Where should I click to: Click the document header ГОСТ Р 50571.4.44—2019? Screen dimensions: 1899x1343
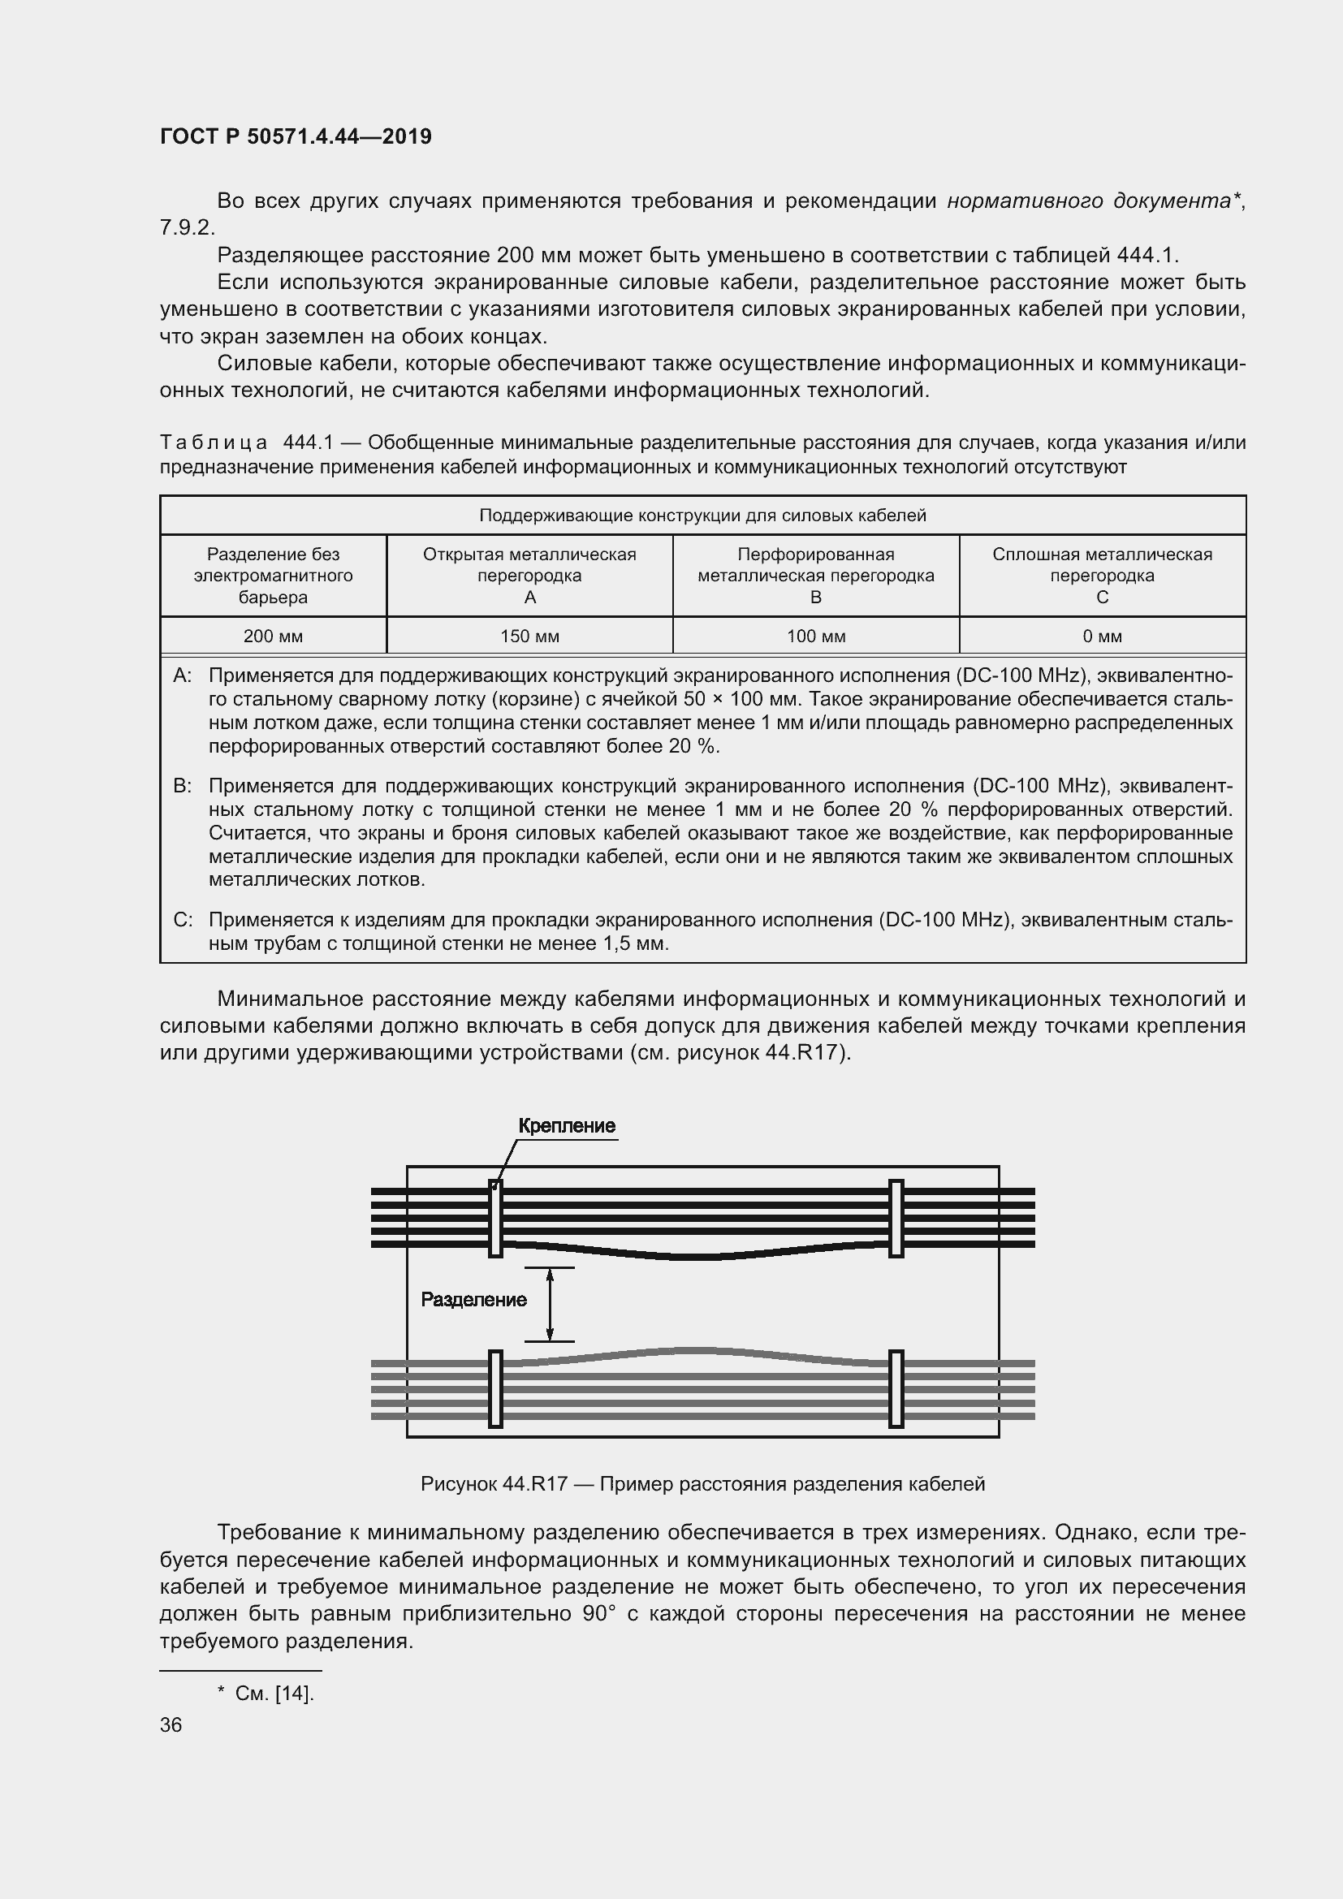pyautogui.click(x=296, y=136)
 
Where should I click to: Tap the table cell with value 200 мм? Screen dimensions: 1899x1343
pyautogui.click(x=273, y=636)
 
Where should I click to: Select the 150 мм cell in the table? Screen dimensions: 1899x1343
pyautogui.click(x=529, y=636)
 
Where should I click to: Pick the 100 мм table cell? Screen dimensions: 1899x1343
pyautogui.click(x=815, y=636)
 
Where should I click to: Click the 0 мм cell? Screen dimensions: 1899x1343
pyautogui.click(x=1102, y=636)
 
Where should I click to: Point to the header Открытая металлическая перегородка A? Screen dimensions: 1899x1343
pyautogui.click(x=529, y=575)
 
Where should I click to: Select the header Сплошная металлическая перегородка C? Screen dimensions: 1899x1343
pyautogui.click(x=1102, y=575)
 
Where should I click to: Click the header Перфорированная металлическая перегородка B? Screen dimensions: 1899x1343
pyautogui.click(x=815, y=575)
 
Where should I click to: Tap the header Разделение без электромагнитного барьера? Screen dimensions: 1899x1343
pyautogui.click(x=273, y=575)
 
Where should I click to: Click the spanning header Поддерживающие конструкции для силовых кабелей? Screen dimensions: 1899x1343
pyautogui.click(x=702, y=516)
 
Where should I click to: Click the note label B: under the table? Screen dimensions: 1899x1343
pyautogui.click(x=182, y=785)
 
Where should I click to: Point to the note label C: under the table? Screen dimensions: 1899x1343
pyautogui.click(x=182, y=920)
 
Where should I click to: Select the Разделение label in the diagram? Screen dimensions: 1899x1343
pyautogui.click(x=473, y=1299)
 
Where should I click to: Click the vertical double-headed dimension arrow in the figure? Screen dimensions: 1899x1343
pyautogui.click(x=549, y=1304)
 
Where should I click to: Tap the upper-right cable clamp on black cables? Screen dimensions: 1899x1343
pyautogui.click(x=896, y=1219)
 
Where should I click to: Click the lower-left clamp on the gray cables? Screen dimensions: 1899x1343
pyautogui.click(x=495, y=1388)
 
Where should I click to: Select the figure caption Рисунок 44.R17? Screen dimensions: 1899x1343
pyautogui.click(x=702, y=1484)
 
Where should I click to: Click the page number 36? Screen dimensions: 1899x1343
pyautogui.click(x=171, y=1724)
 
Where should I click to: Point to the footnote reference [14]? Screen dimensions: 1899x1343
pyautogui.click(x=294, y=1693)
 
